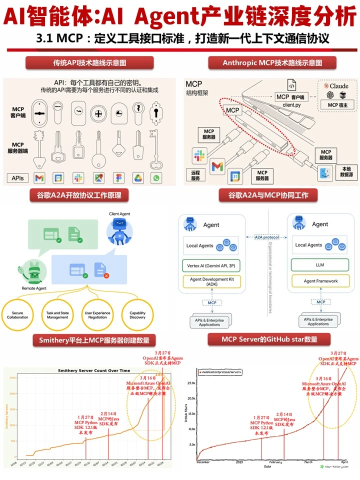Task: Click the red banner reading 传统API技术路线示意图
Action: [89, 63]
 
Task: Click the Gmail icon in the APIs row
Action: [39, 177]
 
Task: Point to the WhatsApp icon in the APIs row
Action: [157, 177]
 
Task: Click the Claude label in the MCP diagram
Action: [339, 86]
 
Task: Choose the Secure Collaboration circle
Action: [18, 314]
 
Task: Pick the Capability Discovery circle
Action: [137, 314]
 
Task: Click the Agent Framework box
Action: [320, 281]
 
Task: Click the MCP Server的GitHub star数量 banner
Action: [269, 340]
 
